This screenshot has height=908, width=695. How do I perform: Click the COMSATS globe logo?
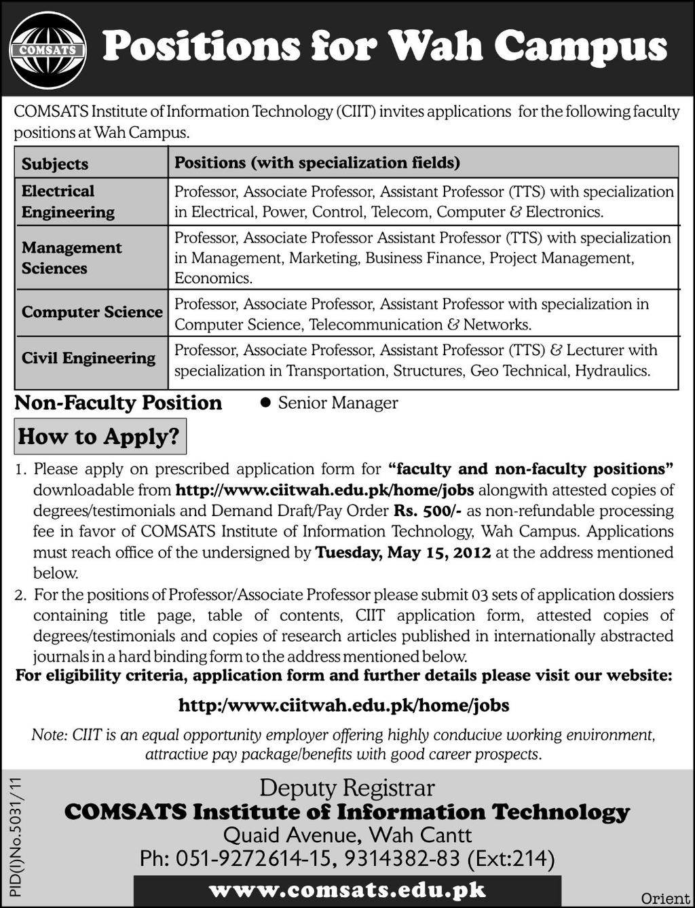pyautogui.click(x=48, y=50)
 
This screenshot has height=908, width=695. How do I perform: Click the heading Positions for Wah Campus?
pyautogui.click(x=384, y=48)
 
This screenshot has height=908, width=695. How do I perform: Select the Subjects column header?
pyautogui.click(x=55, y=164)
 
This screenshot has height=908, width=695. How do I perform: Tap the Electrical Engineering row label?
pyautogui.click(x=68, y=202)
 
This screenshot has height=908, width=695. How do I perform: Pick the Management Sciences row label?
pyautogui.click(x=71, y=258)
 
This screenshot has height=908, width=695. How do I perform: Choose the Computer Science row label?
pyautogui.click(x=92, y=312)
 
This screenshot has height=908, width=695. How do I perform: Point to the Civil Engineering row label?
pyautogui.click(x=88, y=358)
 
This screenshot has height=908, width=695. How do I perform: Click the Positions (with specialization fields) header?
pyautogui.click(x=317, y=163)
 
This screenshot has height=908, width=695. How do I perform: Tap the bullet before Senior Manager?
pyautogui.click(x=265, y=403)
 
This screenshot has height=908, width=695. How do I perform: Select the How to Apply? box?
pyautogui.click(x=100, y=437)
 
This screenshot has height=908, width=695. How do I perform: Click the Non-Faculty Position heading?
pyautogui.click(x=118, y=403)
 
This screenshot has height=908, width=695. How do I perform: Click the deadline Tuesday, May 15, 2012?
pyautogui.click(x=403, y=553)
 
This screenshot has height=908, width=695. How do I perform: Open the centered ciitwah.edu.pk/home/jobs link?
pyautogui.click(x=343, y=706)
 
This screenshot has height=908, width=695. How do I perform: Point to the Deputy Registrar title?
pyautogui.click(x=347, y=788)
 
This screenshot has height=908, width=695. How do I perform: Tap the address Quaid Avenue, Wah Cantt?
pyautogui.click(x=347, y=835)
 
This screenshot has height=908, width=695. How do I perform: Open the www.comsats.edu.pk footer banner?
pyautogui.click(x=347, y=890)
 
